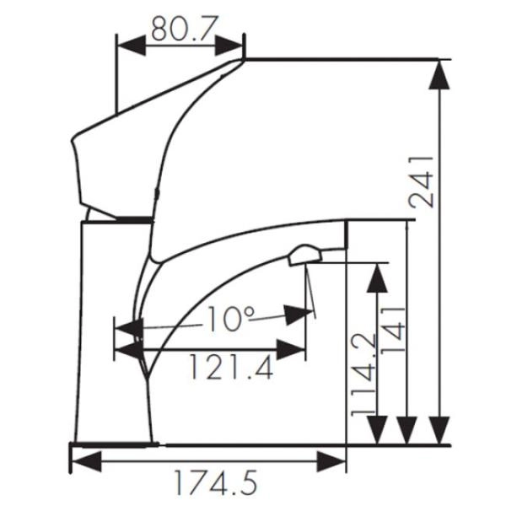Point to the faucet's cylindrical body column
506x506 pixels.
tap(114, 337)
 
